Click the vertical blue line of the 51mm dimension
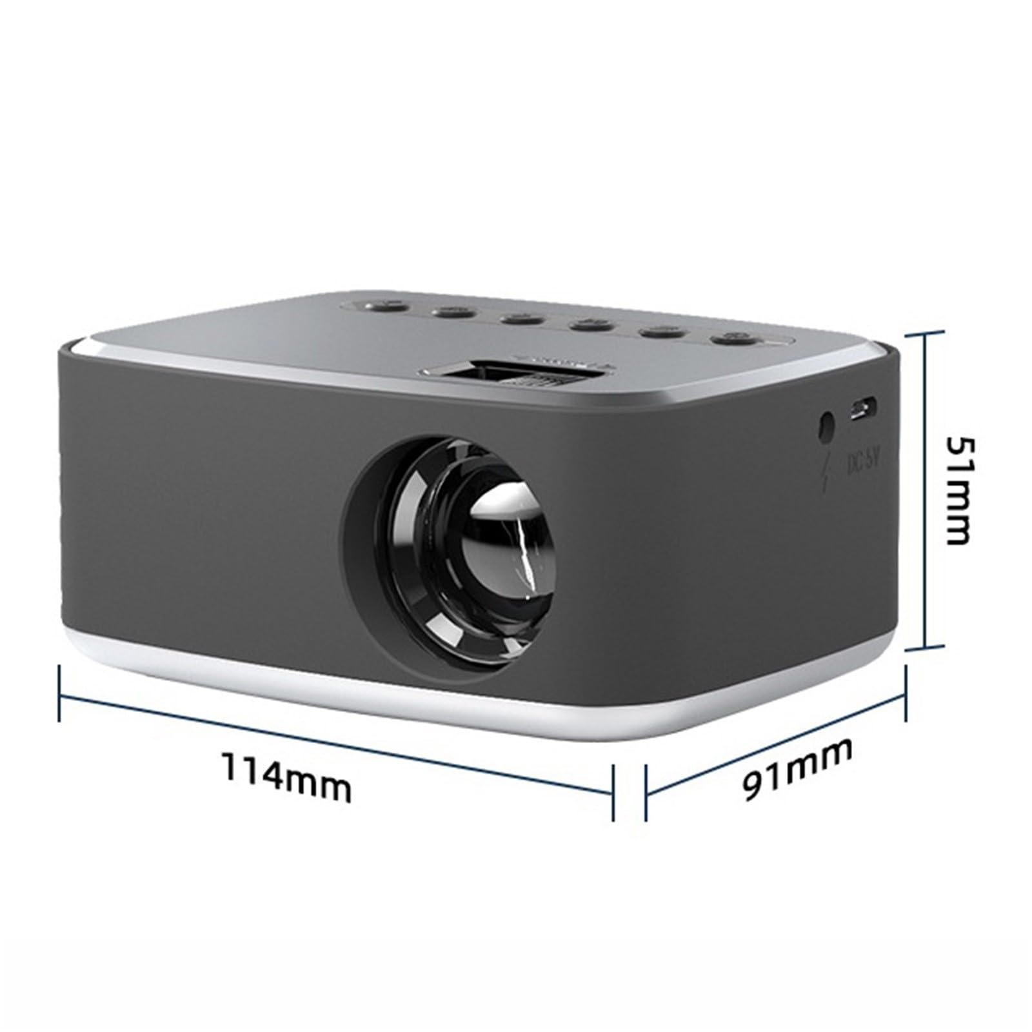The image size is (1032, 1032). [x=926, y=490]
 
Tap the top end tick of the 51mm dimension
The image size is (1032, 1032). [x=926, y=333]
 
